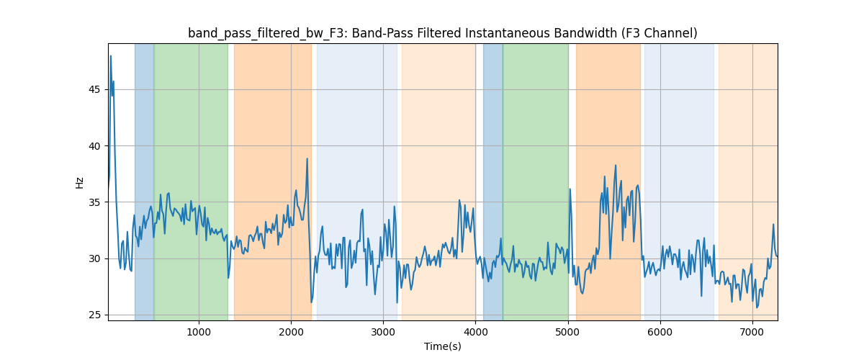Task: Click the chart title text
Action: click(x=442, y=33)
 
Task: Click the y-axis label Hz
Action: click(x=79, y=182)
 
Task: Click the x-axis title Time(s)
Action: click(x=442, y=346)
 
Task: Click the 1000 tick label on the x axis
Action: click(x=199, y=331)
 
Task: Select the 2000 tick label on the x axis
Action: click(x=291, y=331)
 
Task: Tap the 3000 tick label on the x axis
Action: click(x=383, y=331)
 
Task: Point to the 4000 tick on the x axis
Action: click(x=475, y=331)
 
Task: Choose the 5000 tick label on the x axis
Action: click(x=568, y=331)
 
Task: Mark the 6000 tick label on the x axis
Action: click(x=660, y=331)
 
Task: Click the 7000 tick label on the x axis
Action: click(x=752, y=331)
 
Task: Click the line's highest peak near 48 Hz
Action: click(x=111, y=56)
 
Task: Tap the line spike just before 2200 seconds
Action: click(x=307, y=159)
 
